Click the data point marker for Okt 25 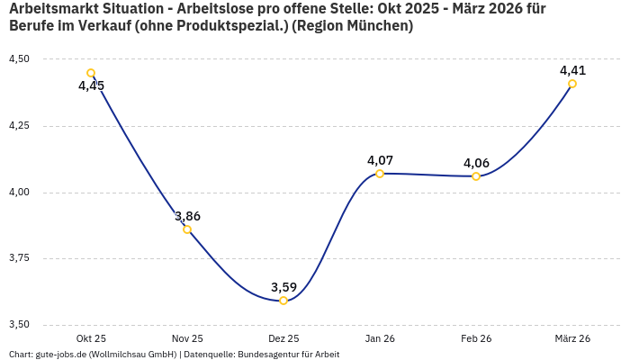tap(91, 73)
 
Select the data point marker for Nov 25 tap(187, 229)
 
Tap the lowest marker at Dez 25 tap(283, 301)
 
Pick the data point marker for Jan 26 tap(380, 173)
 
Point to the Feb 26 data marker tap(476, 176)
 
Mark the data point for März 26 tap(572, 84)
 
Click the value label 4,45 tap(91, 86)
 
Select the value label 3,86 tap(187, 216)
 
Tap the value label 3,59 tap(283, 287)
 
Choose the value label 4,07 tap(380, 160)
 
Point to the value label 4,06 tap(476, 163)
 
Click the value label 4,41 tap(572, 70)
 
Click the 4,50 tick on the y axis tap(19, 59)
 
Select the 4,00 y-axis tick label tap(19, 193)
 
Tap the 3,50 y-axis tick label tap(19, 325)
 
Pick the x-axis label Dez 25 tap(283, 338)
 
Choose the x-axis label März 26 tap(572, 338)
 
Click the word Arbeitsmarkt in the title tap(50, 9)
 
